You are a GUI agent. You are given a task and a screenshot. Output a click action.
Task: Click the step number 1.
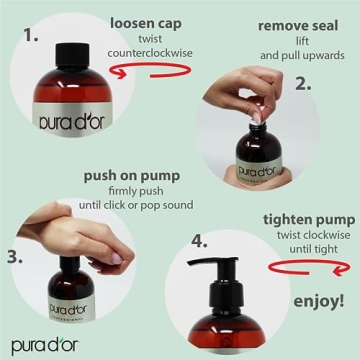(32, 36)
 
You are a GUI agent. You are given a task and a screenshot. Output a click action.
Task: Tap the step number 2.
(303, 84)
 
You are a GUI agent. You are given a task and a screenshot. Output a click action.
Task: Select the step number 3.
(15, 257)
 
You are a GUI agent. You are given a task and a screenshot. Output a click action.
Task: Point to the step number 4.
(199, 241)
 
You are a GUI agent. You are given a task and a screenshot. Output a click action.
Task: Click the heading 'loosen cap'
(146, 24)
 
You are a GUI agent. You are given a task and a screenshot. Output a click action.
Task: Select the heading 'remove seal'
(298, 26)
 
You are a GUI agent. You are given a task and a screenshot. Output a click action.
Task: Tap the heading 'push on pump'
(132, 177)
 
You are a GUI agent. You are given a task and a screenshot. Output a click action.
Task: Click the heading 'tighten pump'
(309, 220)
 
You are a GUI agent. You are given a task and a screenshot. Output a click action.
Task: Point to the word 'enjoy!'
(319, 301)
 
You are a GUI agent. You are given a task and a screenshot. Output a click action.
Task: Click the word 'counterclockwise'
(150, 53)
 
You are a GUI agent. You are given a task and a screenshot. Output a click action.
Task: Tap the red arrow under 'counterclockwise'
(151, 70)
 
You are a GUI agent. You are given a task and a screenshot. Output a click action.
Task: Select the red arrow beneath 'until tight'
(310, 268)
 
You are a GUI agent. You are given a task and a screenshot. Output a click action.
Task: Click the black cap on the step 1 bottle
(72, 54)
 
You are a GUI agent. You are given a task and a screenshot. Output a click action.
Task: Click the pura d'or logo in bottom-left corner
(45, 347)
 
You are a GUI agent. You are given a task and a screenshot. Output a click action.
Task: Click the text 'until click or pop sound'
(136, 205)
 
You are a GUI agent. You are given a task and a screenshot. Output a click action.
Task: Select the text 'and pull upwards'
(302, 55)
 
